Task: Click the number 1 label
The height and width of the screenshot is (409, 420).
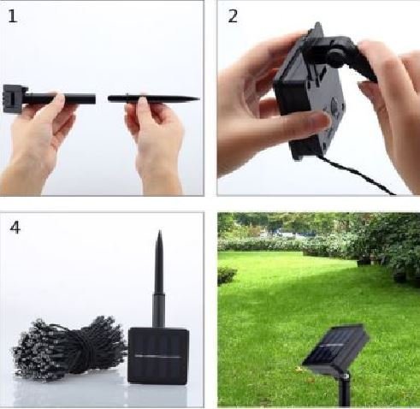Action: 13,16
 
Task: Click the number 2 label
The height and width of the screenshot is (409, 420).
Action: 233,16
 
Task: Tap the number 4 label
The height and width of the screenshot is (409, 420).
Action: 15,228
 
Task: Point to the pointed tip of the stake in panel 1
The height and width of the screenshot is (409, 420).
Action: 198,99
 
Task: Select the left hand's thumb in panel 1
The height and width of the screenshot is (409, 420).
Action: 59,100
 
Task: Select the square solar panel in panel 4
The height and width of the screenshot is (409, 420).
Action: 158,356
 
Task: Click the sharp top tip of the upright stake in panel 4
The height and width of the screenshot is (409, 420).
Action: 160,231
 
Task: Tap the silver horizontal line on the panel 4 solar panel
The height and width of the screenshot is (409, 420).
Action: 158,356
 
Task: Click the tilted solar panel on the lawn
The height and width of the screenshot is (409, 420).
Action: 336,349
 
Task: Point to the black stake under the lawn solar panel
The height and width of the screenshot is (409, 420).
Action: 345,391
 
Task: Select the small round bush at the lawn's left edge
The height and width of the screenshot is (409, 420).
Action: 227,276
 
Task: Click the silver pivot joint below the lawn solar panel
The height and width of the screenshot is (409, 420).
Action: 346,376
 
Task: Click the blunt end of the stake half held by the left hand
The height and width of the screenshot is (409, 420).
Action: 94,99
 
